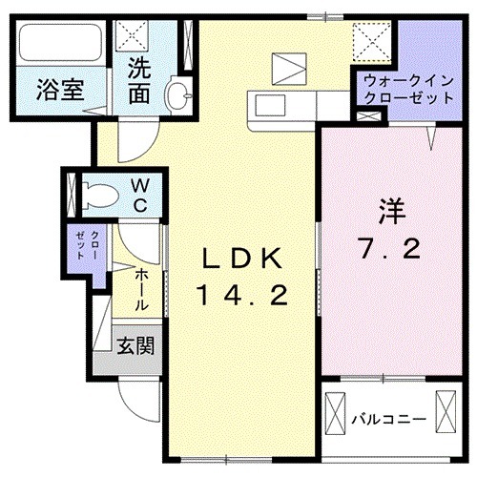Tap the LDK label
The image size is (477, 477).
(241, 258)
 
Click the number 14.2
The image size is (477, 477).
(241, 296)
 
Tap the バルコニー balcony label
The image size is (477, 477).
(385, 418)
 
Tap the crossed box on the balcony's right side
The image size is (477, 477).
(446, 412)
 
